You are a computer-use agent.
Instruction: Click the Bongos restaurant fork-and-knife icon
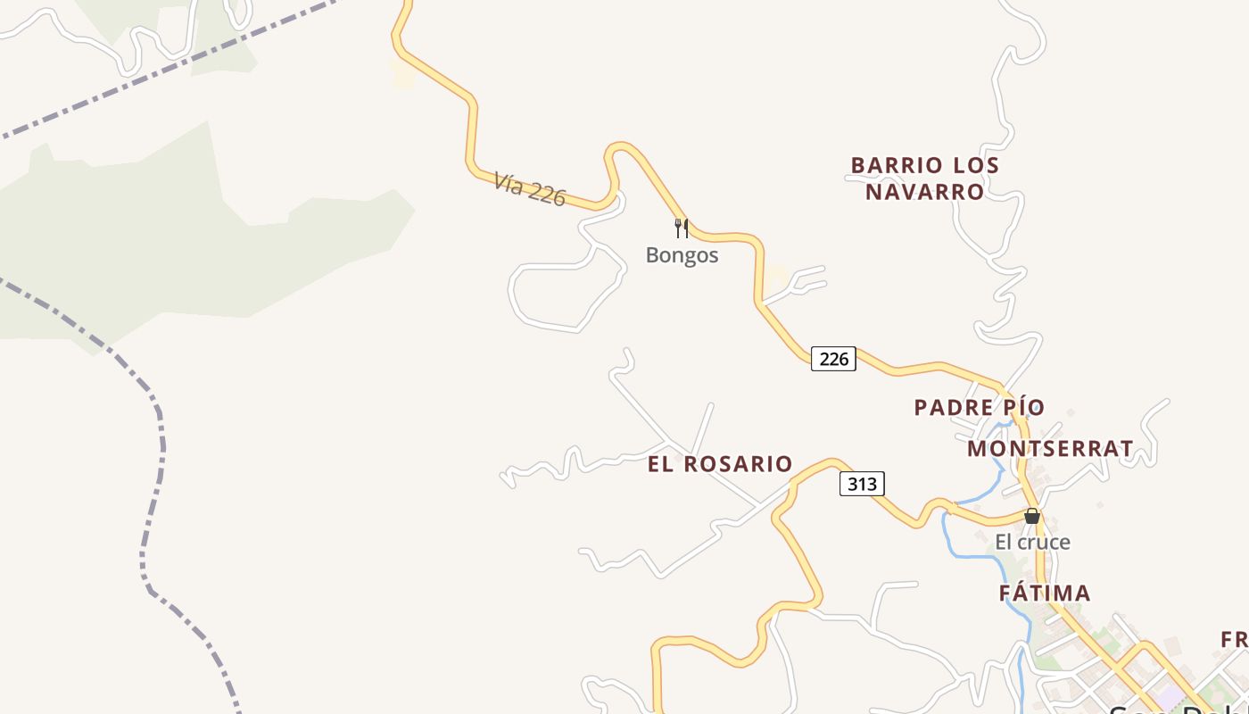tap(682, 228)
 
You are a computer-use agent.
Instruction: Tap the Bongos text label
tap(682, 255)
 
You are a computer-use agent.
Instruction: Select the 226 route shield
tap(833, 359)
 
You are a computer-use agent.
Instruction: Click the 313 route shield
tap(862, 484)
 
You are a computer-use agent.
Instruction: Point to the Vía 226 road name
tap(529, 189)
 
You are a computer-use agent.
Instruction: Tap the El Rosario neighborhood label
tap(720, 464)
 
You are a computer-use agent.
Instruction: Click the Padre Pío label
tap(979, 408)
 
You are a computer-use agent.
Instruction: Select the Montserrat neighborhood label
tap(1050, 449)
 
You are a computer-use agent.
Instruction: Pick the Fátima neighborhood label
tap(1044, 594)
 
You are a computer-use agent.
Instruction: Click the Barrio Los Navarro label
tap(925, 178)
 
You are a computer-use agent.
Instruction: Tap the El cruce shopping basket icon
tap(1032, 516)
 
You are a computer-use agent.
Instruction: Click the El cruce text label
tap(1032, 542)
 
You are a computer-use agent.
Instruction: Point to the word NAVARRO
tap(925, 192)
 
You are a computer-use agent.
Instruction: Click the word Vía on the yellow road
tap(508, 183)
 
